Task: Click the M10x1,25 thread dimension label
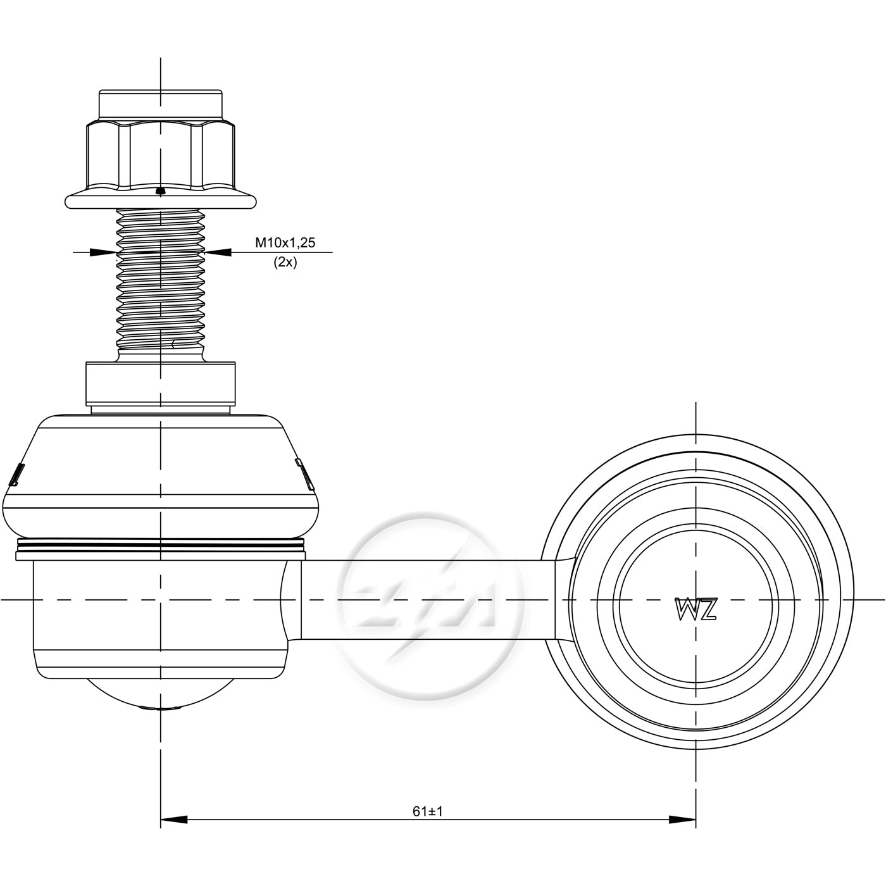pyautogui.click(x=285, y=242)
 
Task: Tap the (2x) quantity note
pyautogui.click(x=285, y=263)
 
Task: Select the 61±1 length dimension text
pyautogui.click(x=427, y=811)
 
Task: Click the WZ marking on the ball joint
pyautogui.click(x=696, y=609)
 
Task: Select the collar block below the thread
pyautogui.click(x=161, y=384)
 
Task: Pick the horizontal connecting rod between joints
pyautogui.click(x=428, y=599)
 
